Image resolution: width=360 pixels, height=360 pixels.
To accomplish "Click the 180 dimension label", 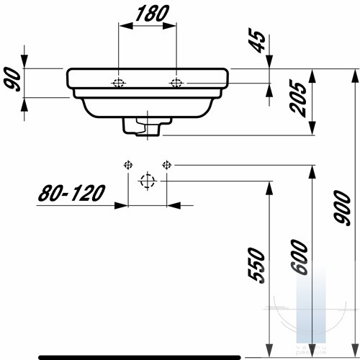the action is click(152, 13).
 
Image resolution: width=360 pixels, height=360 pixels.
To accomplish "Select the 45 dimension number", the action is click(257, 40).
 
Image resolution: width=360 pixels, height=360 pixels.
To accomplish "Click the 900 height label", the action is click(343, 208).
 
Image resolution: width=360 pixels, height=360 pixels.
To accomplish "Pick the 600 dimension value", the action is click(299, 257).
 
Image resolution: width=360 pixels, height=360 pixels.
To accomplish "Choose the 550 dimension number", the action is click(256, 266).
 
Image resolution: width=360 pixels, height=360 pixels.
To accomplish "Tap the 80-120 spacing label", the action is click(71, 193).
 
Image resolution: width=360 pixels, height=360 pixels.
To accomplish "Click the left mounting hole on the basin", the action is click(118, 83).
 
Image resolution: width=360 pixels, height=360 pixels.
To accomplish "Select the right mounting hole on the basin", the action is click(176, 83).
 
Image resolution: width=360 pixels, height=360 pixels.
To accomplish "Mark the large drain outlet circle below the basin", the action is click(148, 181).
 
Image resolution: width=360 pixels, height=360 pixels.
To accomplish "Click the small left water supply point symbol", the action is click(128, 165).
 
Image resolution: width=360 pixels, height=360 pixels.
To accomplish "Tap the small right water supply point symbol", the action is click(166, 165).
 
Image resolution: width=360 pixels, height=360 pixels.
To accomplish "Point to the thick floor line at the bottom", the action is click(140, 357).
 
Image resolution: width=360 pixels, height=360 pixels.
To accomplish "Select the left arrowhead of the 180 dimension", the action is click(126, 26).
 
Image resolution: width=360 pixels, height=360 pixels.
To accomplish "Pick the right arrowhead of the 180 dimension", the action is click(170, 26).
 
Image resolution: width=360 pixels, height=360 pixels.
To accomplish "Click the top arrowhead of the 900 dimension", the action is click(355, 76).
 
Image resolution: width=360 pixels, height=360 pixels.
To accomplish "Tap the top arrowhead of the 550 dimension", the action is click(269, 188).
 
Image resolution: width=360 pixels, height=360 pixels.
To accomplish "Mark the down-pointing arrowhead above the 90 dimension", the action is click(24, 62).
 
